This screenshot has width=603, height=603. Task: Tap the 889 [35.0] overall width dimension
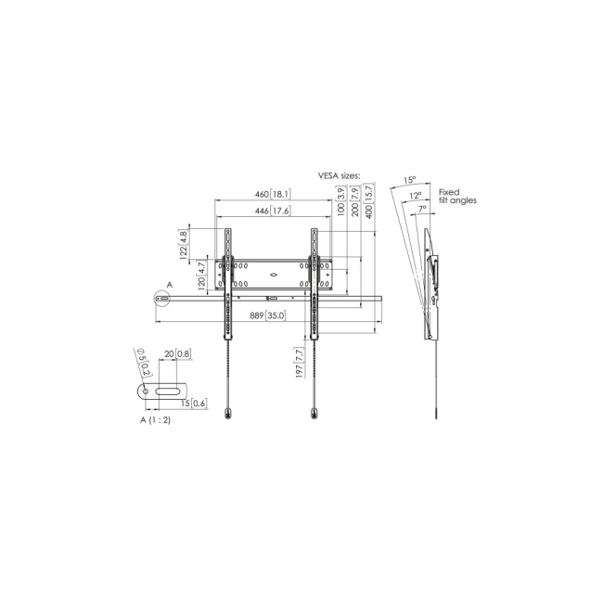point(267,316)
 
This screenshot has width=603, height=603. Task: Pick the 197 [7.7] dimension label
point(300,363)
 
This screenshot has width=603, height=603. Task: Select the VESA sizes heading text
point(340,173)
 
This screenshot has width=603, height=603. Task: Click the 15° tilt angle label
point(409,180)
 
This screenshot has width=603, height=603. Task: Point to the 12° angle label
point(417,195)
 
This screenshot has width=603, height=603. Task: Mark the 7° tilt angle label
point(422,210)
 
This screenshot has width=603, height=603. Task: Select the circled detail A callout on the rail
point(162,298)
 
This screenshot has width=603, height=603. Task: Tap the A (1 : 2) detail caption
point(155,420)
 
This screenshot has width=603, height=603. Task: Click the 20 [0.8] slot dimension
point(177,354)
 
